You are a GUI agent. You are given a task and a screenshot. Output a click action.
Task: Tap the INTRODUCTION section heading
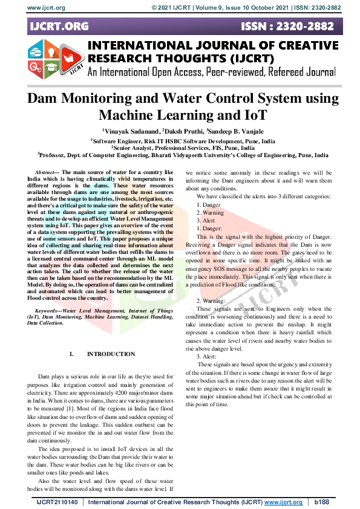[111, 354]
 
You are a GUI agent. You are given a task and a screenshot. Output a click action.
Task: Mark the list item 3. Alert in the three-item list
[206, 221]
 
